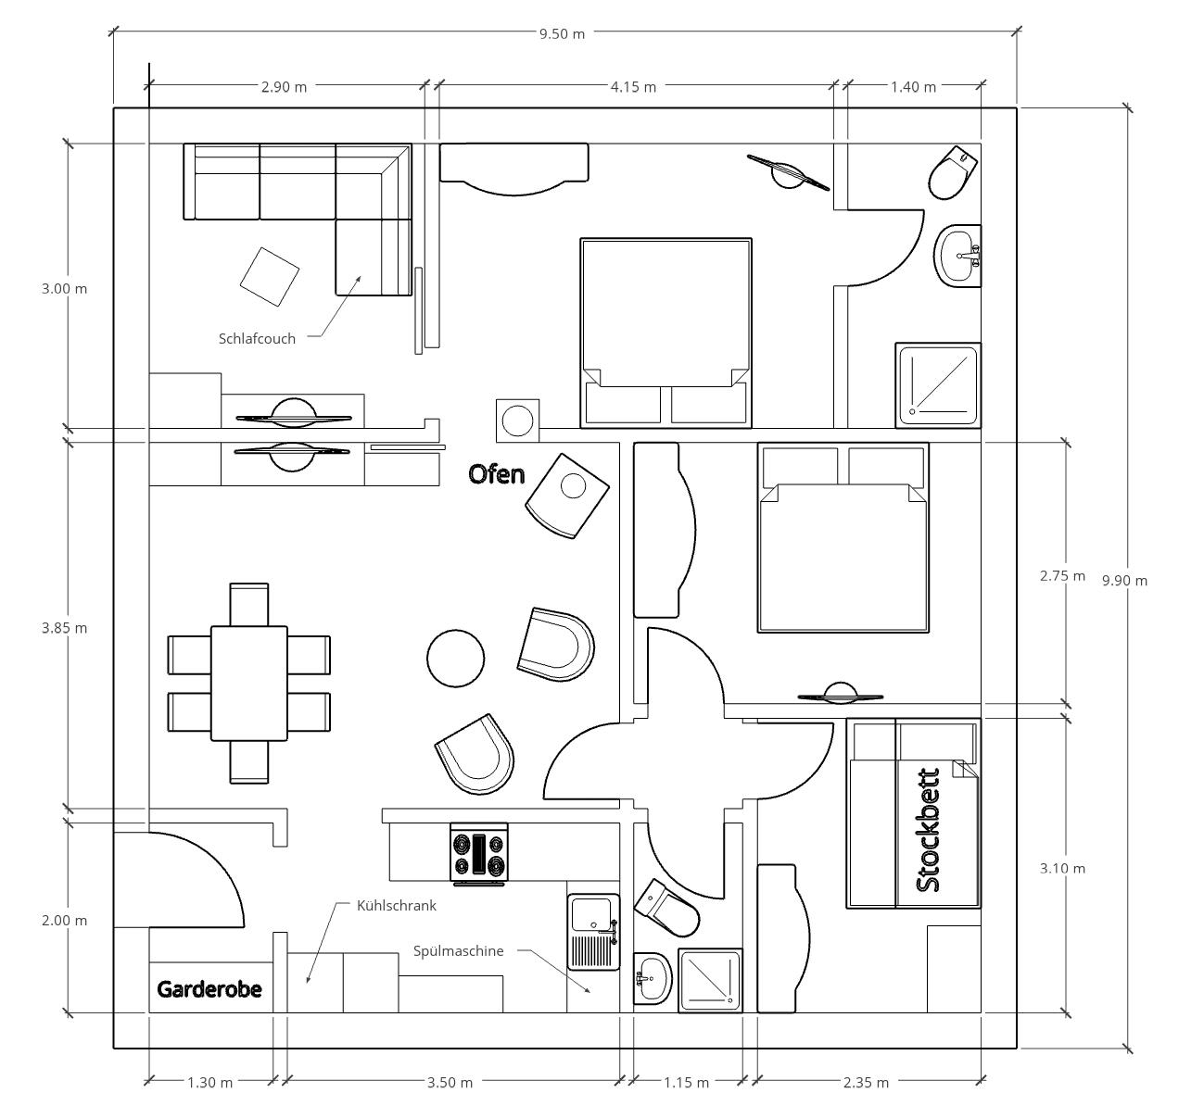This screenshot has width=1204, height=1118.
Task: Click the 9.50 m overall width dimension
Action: (x=562, y=34)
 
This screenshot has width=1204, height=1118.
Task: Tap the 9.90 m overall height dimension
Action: (x=1124, y=581)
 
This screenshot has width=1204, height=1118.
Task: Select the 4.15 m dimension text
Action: (x=633, y=87)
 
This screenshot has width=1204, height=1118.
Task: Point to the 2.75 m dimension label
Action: (x=1062, y=575)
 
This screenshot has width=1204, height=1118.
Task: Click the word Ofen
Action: (x=497, y=474)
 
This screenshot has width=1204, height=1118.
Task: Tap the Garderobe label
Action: (x=209, y=989)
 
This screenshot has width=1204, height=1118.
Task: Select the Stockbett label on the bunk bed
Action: (x=928, y=830)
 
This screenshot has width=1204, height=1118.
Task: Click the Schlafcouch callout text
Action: (x=257, y=339)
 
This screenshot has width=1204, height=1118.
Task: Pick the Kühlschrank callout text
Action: (x=397, y=905)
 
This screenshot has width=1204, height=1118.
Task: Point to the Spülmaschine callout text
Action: (x=458, y=950)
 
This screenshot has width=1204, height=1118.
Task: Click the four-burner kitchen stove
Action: (x=479, y=854)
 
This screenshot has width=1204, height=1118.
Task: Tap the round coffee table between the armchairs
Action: (x=455, y=658)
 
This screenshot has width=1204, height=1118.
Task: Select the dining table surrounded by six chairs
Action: (x=249, y=684)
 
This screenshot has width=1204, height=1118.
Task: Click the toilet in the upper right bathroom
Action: (x=953, y=172)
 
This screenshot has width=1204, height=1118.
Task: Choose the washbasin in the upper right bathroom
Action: (x=957, y=256)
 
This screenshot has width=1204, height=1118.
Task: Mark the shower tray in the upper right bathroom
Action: (x=938, y=385)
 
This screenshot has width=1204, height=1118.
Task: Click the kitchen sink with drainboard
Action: (x=593, y=932)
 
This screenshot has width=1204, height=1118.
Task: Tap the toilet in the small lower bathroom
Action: (x=666, y=908)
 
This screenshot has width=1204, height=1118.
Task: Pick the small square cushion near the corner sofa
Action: (x=269, y=276)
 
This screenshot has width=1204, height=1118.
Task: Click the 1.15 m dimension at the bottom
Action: (x=686, y=1083)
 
